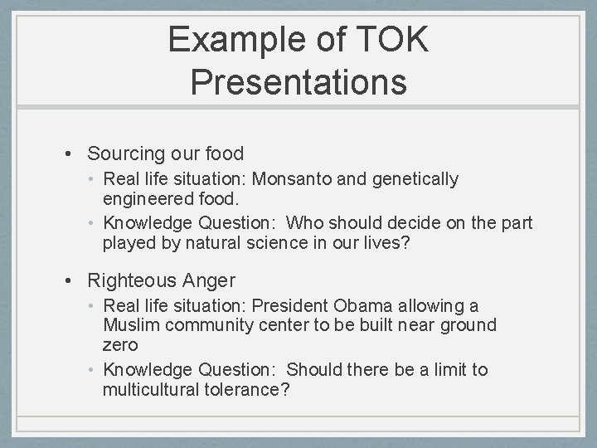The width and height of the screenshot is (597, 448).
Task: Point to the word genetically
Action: click(414, 178)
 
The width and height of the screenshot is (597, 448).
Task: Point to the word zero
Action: click(121, 344)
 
